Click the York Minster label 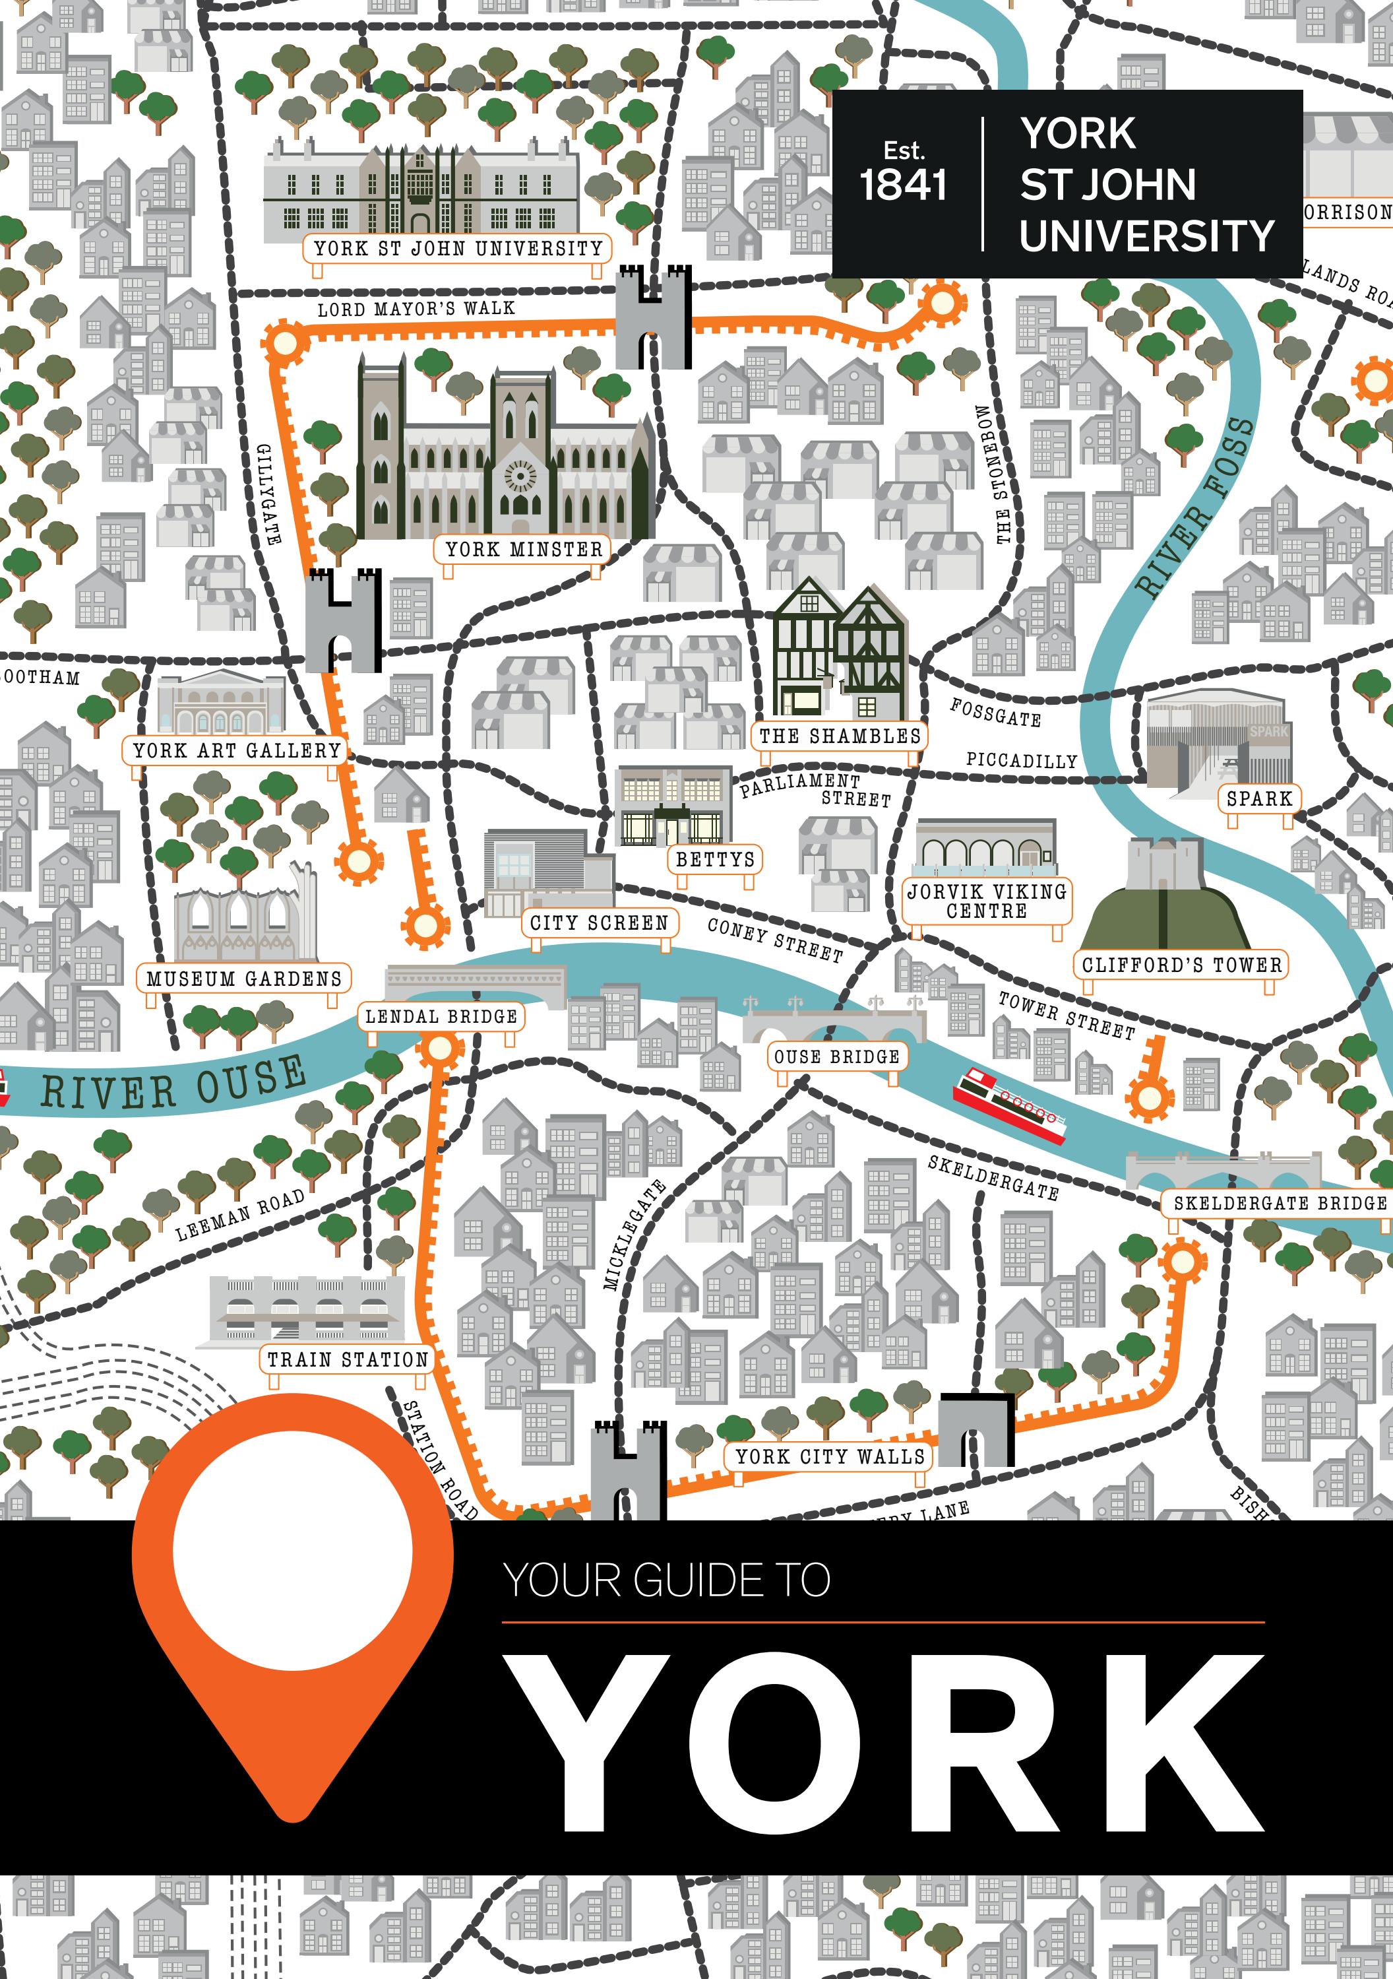(x=523, y=549)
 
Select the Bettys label (x=715, y=859)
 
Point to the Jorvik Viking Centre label (x=987, y=901)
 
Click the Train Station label (x=347, y=1359)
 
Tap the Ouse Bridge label (x=836, y=1056)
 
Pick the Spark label (x=1258, y=799)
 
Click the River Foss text (x=1196, y=509)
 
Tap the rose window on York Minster (x=520, y=475)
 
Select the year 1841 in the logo (x=903, y=185)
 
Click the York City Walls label (x=830, y=1456)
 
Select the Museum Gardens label (x=244, y=979)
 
